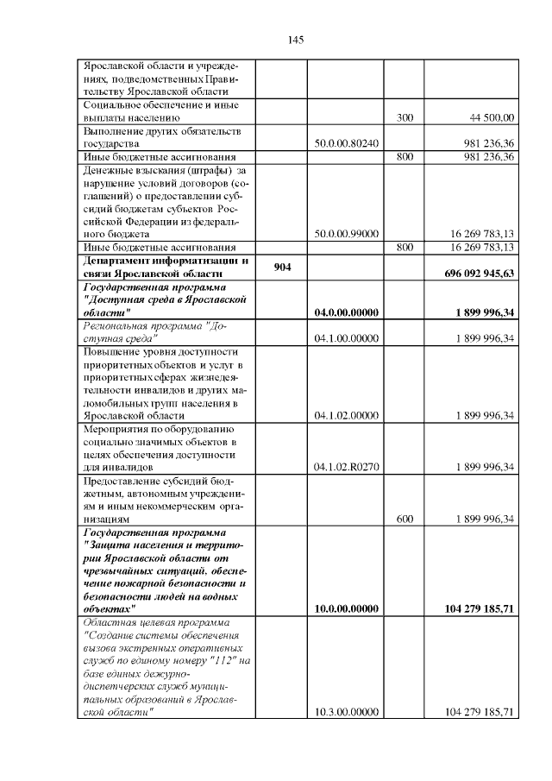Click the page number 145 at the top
coord(295,40)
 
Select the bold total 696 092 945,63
coord(479,273)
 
